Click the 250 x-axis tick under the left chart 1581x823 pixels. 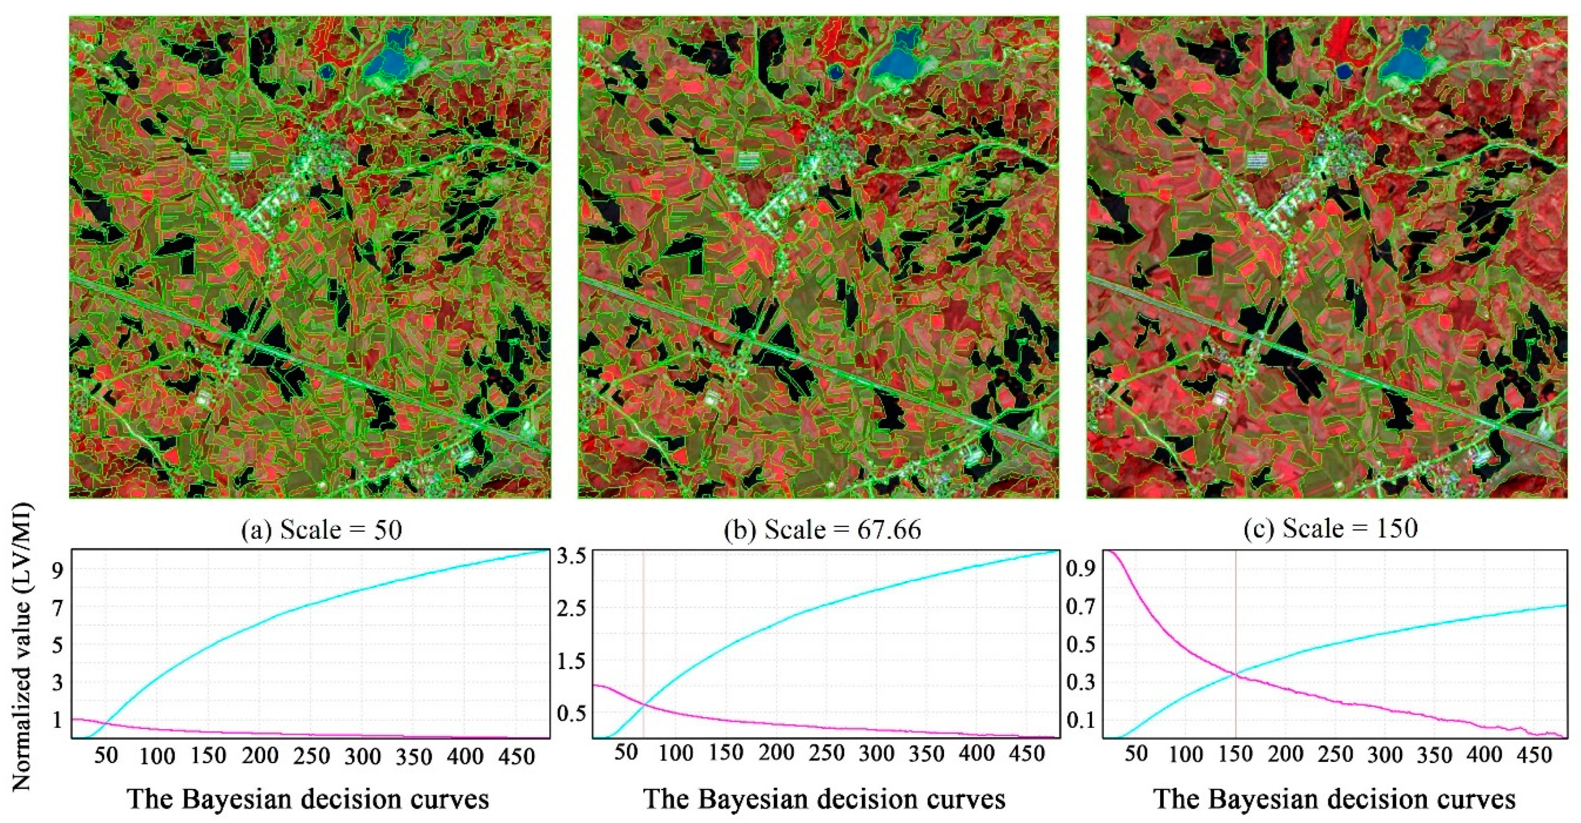(x=312, y=755)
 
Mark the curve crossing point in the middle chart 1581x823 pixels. (x=643, y=703)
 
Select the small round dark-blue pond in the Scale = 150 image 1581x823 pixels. (x=1341, y=73)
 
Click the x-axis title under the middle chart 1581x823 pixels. (x=824, y=799)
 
